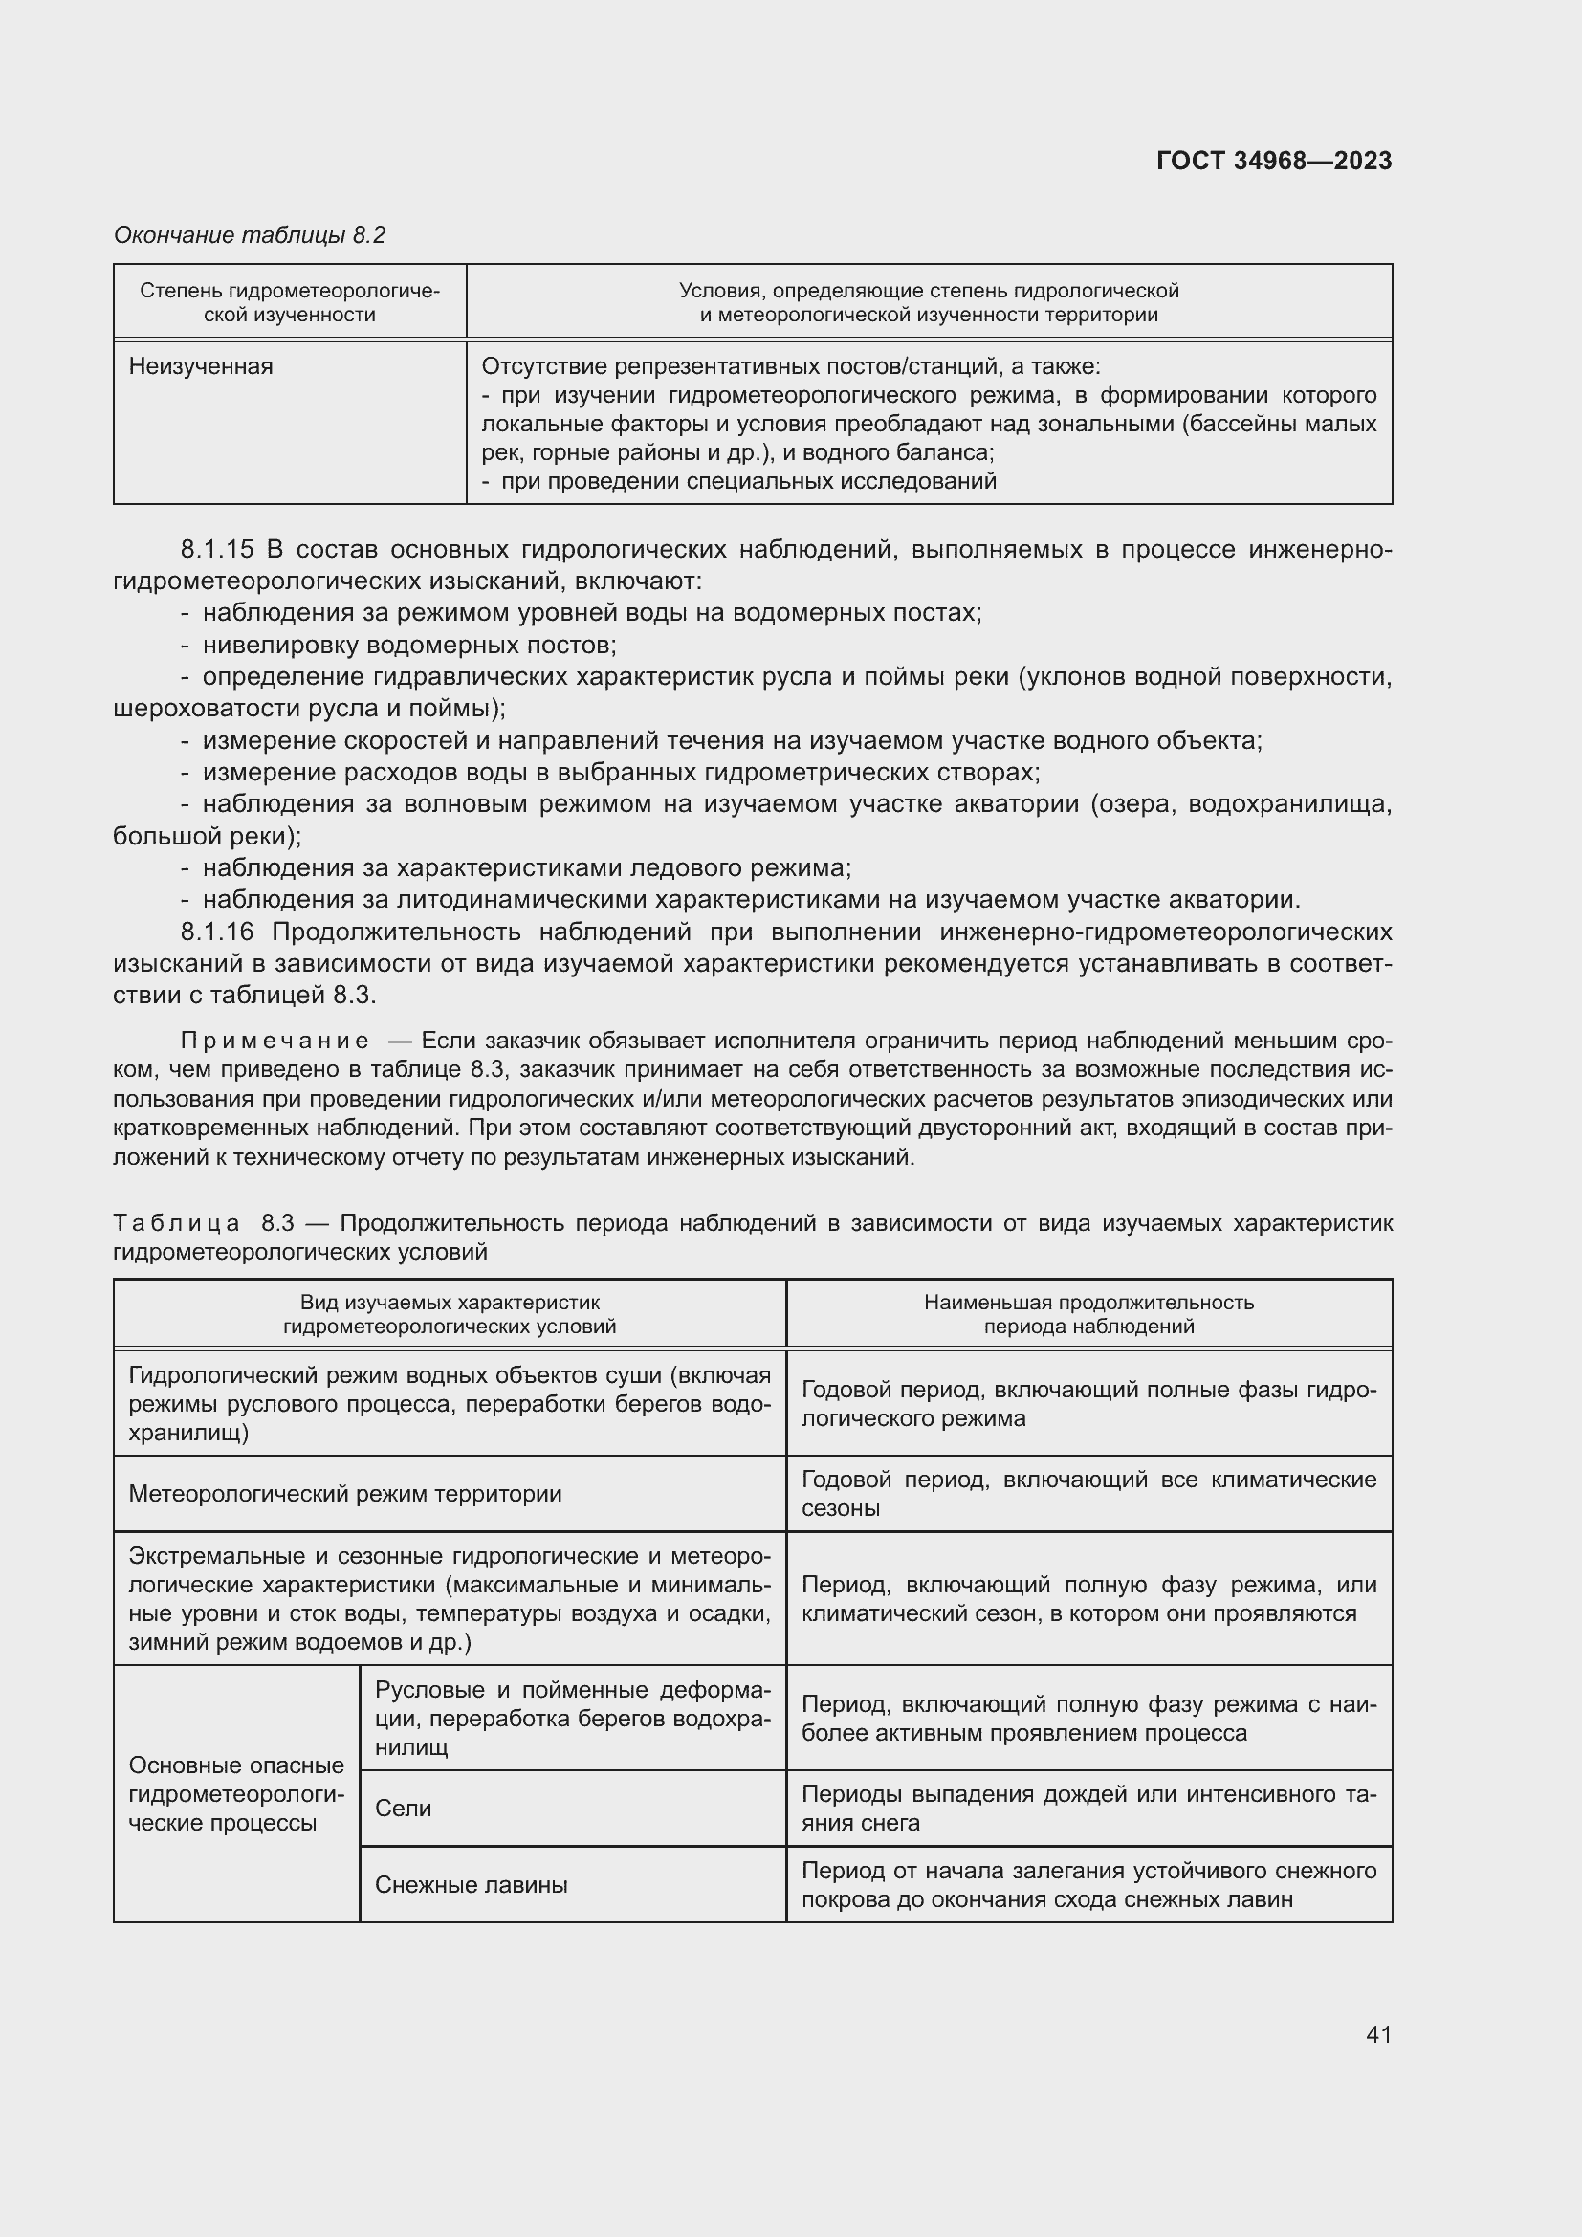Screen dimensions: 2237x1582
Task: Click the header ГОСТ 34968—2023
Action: [x=1273, y=161]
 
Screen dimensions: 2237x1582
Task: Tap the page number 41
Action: [x=1378, y=2034]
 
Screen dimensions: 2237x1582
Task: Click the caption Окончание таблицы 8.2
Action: [x=250, y=235]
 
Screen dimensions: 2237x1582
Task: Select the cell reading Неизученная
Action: [x=201, y=366]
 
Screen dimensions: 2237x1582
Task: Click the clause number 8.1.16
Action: [x=217, y=932]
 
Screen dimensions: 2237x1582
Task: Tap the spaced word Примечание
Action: [x=275, y=1041]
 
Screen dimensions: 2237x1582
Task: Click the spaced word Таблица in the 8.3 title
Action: [x=176, y=1223]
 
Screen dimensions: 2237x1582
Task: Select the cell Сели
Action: [x=404, y=1809]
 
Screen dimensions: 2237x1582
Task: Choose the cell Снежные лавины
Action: [x=471, y=1884]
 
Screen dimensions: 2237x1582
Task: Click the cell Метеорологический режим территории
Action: [x=345, y=1494]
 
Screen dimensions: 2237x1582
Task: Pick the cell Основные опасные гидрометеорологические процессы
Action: [x=235, y=1793]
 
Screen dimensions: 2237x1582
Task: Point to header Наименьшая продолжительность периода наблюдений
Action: [x=1088, y=1313]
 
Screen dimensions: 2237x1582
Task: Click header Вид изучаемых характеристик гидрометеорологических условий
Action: [x=450, y=1313]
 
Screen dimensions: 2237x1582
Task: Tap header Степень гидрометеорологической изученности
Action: [x=289, y=302]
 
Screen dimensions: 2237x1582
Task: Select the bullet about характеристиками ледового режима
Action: [x=526, y=867]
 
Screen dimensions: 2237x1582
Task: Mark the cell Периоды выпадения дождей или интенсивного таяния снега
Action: [x=1088, y=1809]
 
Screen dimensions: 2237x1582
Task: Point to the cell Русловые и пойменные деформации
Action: [x=572, y=1718]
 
